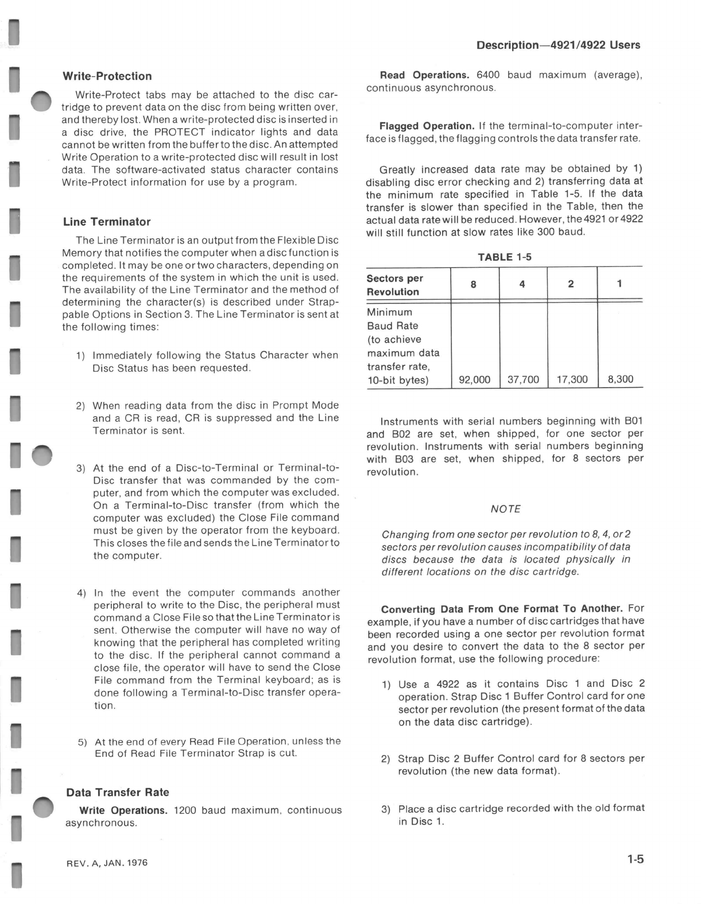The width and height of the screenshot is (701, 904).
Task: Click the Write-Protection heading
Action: point(107,76)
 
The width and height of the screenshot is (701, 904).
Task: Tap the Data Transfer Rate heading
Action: point(118,793)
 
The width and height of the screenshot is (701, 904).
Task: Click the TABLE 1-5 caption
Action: point(504,257)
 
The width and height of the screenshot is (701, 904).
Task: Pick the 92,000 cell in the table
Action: point(474,380)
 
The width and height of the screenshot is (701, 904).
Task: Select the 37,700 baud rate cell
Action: point(523,380)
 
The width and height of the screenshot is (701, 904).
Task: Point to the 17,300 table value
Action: point(572,380)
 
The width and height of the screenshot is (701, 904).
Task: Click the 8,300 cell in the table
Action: point(620,380)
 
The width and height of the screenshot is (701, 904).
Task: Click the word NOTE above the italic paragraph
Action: point(505,509)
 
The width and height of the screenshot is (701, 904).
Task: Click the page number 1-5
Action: point(635,860)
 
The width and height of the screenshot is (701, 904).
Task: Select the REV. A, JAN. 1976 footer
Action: point(107,863)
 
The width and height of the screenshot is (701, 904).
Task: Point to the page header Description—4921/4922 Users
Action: point(558,45)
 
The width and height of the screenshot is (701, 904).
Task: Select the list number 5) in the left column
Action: point(82,742)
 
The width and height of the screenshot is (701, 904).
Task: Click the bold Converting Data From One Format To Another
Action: point(502,609)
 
